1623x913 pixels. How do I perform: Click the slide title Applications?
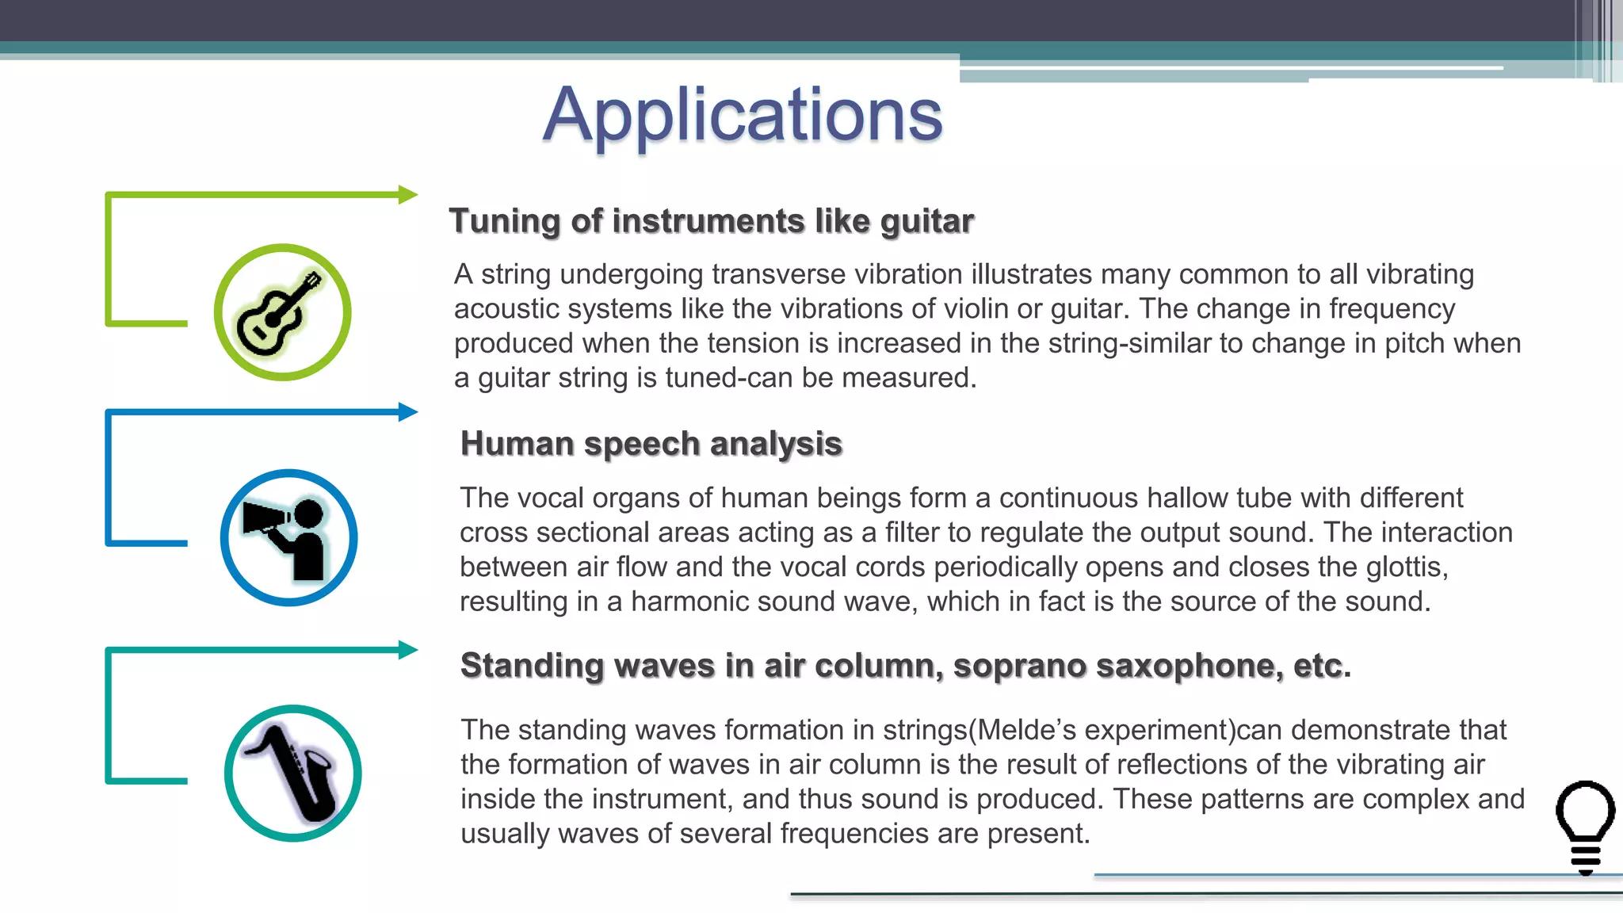[743, 115]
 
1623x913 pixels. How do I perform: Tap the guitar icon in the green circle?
[281, 312]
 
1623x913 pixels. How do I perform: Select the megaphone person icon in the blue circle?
[288, 538]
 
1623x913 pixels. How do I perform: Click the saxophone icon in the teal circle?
[293, 773]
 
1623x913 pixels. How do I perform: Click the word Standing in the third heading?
[533, 666]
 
